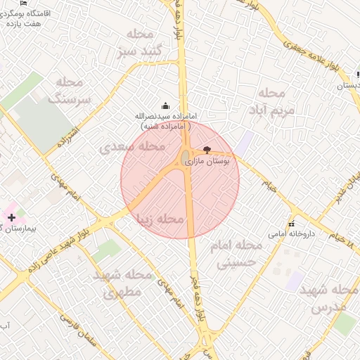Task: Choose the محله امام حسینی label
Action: click(x=236, y=254)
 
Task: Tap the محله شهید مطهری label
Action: click(x=122, y=283)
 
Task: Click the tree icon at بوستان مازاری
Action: click(x=206, y=150)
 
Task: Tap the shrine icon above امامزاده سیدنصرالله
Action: click(x=166, y=105)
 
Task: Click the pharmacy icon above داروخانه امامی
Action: click(x=291, y=224)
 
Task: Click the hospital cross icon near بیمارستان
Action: click(x=11, y=218)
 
